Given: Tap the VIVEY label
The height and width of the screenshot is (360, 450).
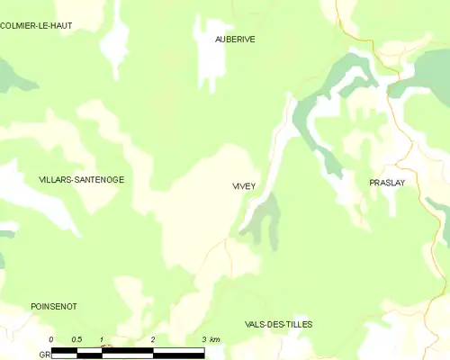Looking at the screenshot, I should [243, 186].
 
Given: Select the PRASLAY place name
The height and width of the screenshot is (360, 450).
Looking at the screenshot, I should [387, 183].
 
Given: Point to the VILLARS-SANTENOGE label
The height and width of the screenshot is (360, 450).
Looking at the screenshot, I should [81, 180].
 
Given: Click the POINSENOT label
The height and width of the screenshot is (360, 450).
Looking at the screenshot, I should [53, 307].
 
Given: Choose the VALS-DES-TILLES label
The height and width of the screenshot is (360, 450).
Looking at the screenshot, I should [279, 324].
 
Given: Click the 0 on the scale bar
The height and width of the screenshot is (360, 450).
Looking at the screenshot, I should [51, 339].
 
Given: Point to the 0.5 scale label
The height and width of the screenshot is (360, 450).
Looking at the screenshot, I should [76, 339].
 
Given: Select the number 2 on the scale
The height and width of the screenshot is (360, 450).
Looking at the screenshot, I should [154, 339].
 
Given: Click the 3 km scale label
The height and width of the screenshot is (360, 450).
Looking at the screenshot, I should [211, 339].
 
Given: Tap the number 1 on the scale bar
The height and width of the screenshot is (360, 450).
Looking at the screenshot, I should [103, 339].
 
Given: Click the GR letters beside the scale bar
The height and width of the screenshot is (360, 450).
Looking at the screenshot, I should [43, 355].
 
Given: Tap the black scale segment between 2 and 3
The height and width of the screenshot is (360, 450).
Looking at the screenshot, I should [179, 352].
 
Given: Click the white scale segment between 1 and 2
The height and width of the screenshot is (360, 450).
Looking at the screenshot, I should [128, 352].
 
